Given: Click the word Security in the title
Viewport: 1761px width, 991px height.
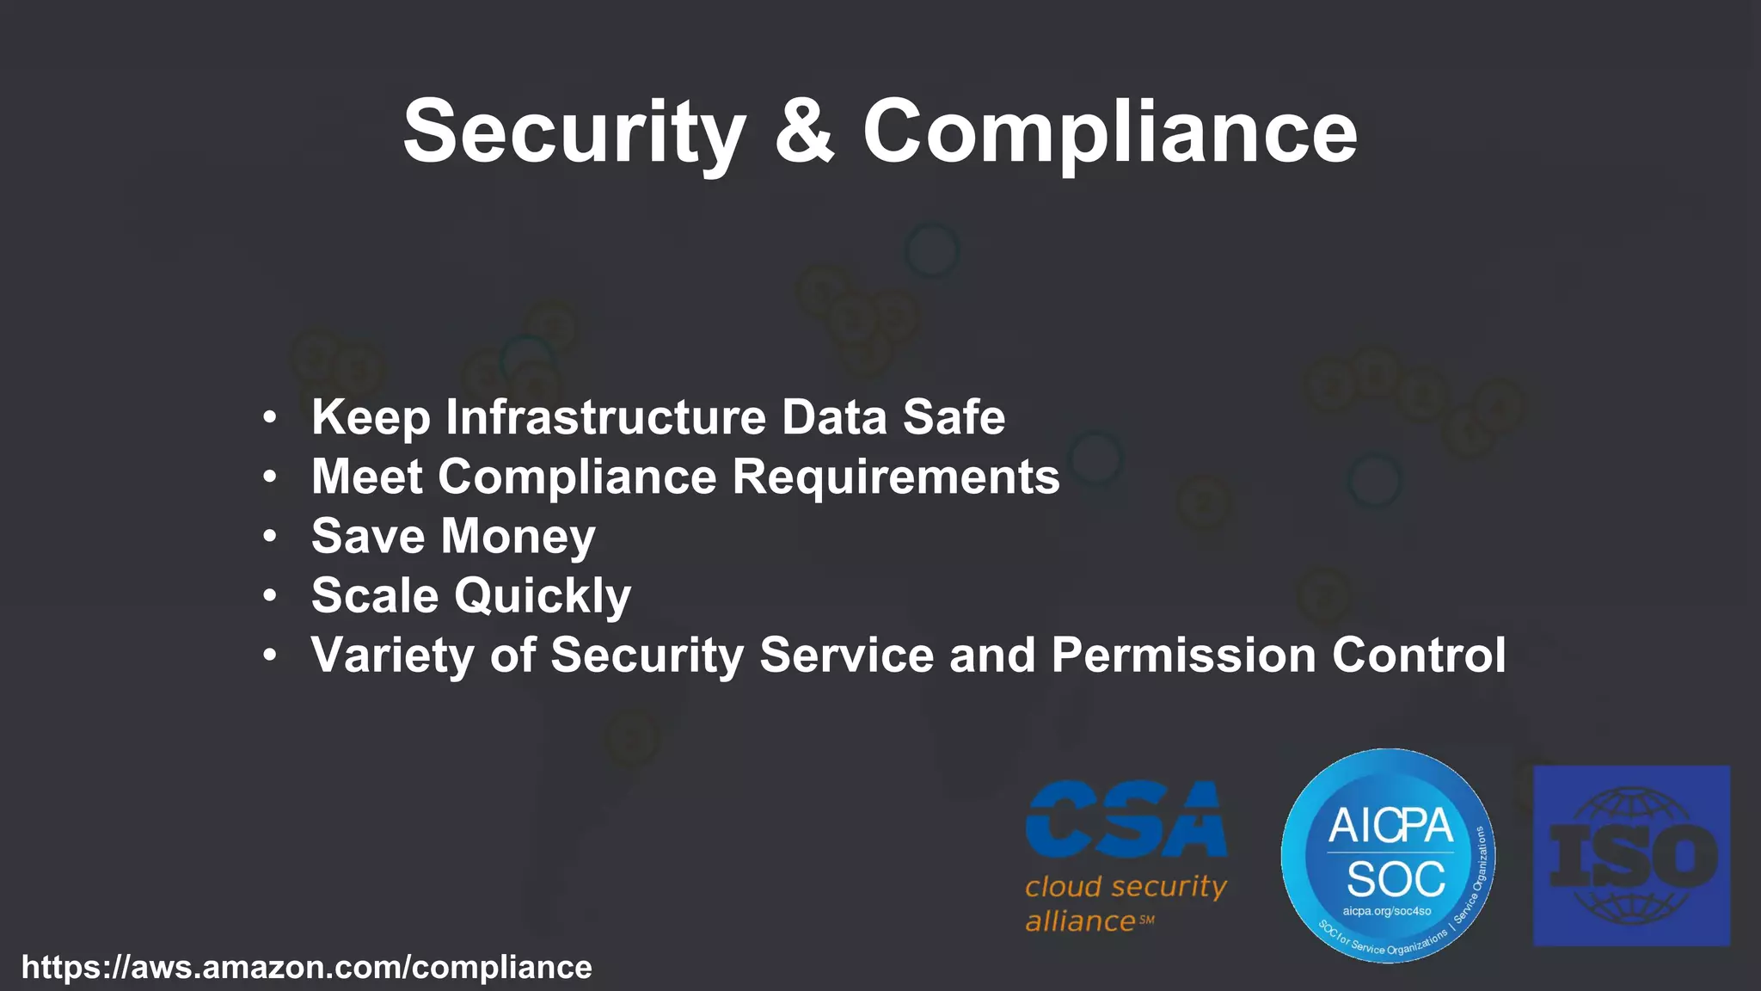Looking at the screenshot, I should (x=574, y=132).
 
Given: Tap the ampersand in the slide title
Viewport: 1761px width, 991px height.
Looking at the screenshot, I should (x=804, y=130).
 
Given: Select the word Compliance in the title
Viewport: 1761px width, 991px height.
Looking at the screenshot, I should (x=1109, y=132).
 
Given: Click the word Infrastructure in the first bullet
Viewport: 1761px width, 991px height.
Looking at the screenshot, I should (x=605, y=417).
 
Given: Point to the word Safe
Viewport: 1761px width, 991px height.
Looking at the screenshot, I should (x=954, y=417).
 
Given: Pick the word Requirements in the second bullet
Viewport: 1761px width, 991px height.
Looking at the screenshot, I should (x=896, y=477).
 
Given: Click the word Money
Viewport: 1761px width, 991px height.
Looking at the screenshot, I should (x=518, y=536).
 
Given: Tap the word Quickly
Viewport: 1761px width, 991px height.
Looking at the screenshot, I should (x=543, y=595).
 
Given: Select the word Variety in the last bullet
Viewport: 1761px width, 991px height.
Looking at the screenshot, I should (x=392, y=656).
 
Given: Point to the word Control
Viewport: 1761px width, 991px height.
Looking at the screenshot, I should (x=1419, y=655).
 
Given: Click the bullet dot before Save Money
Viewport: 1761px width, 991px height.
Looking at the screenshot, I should (x=270, y=536).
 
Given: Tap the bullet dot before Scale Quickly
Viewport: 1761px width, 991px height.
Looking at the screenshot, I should (x=270, y=595).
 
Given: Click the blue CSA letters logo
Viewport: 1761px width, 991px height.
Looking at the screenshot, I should (x=1126, y=820).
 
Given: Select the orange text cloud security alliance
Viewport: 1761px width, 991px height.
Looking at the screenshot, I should (x=1125, y=903).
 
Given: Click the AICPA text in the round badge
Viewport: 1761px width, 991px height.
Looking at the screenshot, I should (x=1390, y=826).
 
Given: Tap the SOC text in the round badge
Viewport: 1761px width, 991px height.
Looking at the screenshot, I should (x=1396, y=879).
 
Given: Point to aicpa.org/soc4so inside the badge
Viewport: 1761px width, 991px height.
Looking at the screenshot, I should (x=1387, y=911).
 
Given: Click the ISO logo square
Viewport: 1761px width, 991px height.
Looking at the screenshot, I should (x=1631, y=856).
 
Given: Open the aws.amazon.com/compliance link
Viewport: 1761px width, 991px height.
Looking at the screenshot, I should (x=307, y=967).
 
